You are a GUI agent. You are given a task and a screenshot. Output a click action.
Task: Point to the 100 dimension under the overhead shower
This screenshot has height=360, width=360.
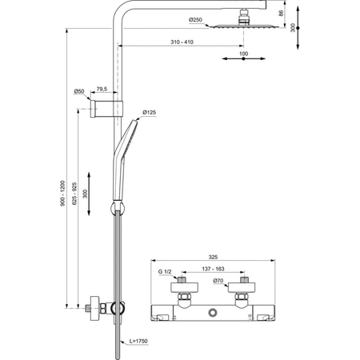[x=244, y=54]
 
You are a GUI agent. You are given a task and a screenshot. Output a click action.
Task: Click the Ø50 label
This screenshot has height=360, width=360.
[x=79, y=90]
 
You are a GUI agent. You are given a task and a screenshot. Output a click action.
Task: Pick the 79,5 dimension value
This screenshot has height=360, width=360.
[x=102, y=90]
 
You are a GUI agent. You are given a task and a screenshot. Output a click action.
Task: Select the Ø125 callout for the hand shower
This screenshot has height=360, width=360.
[x=150, y=113]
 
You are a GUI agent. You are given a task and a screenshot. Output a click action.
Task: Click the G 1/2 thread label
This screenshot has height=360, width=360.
[x=166, y=272]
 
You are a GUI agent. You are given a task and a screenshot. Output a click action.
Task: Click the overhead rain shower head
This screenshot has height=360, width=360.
[x=238, y=26]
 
